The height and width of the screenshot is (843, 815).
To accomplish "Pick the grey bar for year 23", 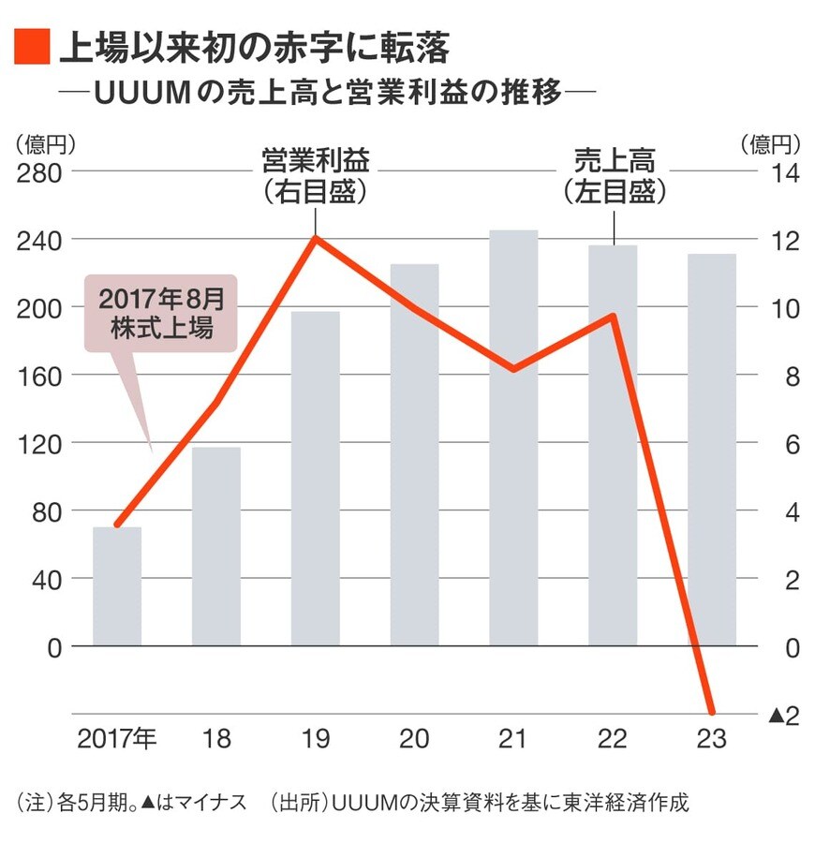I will [x=712, y=450].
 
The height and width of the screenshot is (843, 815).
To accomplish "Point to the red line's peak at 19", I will [x=315, y=238].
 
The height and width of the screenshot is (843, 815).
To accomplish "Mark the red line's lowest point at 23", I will [x=712, y=713].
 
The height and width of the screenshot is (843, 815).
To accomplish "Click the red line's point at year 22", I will [x=612, y=316].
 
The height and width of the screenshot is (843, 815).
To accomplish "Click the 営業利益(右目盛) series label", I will [x=315, y=174].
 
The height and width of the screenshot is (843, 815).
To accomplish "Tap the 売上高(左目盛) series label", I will [x=614, y=174].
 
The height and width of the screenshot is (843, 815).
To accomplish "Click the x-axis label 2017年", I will [x=117, y=740].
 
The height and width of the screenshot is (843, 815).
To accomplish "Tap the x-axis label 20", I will [x=414, y=740].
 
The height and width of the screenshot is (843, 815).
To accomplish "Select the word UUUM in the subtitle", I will [x=138, y=95].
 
